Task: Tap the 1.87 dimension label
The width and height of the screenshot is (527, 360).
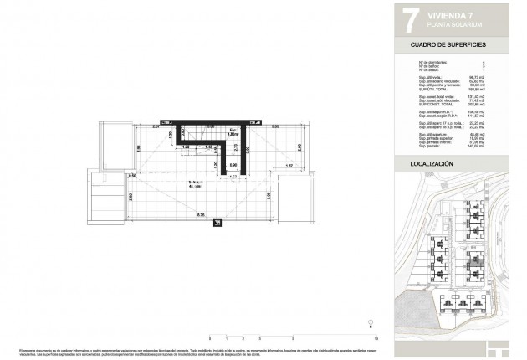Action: tap(289, 166)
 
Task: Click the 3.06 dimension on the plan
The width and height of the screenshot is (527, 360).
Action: tap(269, 195)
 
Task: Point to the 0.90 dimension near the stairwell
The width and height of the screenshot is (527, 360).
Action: tap(235, 165)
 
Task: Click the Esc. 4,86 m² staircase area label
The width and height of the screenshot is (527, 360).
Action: tap(232, 132)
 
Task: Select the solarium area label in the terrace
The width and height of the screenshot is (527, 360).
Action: tap(193, 184)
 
